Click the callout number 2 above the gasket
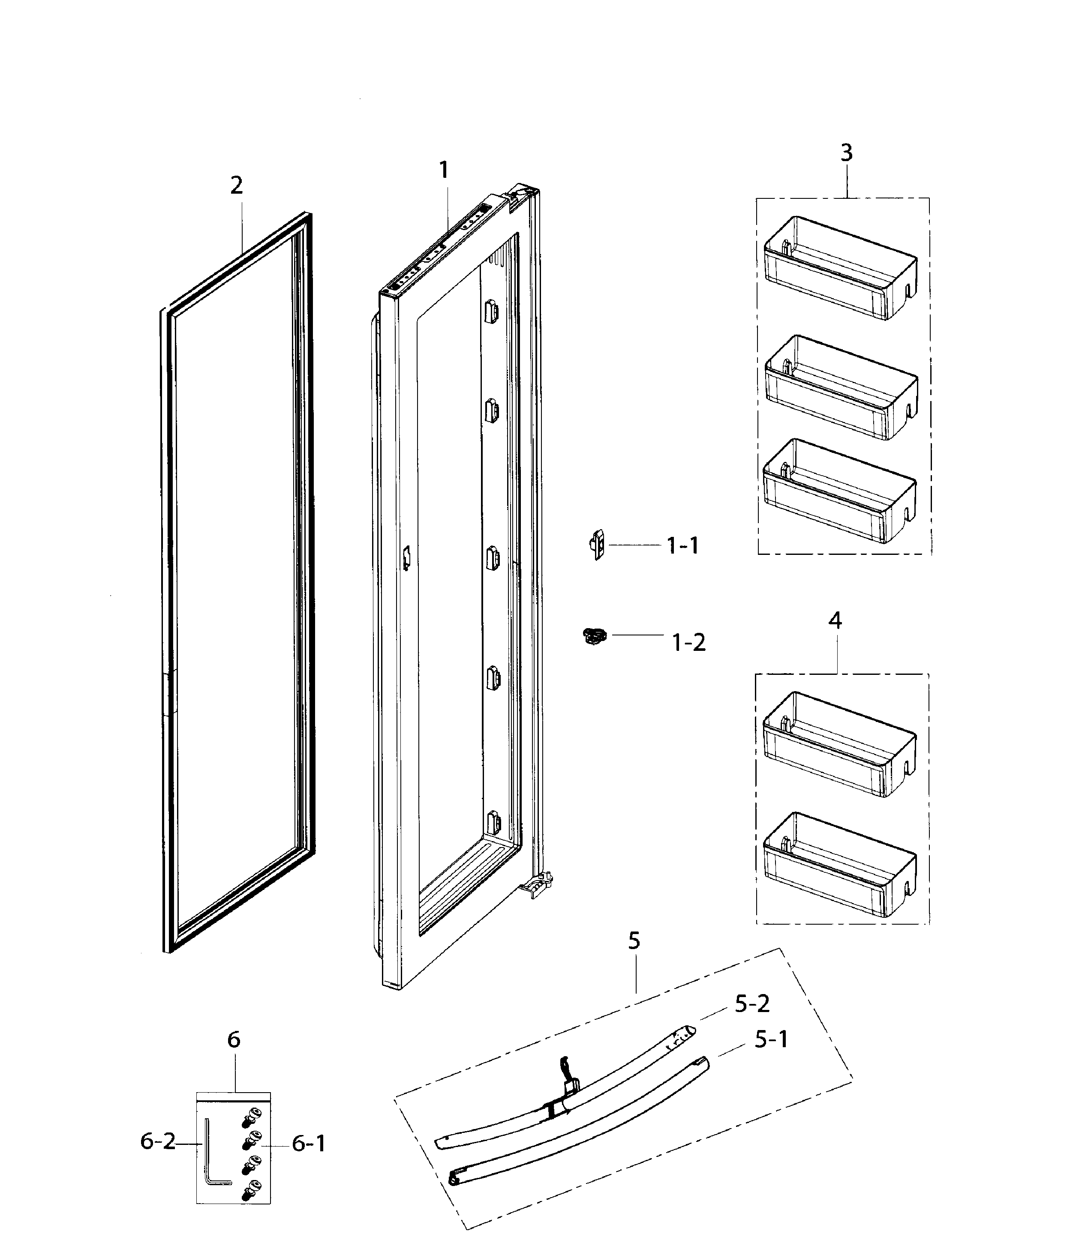pyautogui.click(x=236, y=185)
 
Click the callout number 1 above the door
pyautogui.click(x=444, y=170)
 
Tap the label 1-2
pyautogui.click(x=688, y=642)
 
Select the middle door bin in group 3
pyautogui.click(x=842, y=387)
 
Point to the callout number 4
pyautogui.click(x=836, y=620)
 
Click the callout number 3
pyautogui.click(x=846, y=153)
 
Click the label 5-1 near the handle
pyautogui.click(x=771, y=1039)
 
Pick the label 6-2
pyautogui.click(x=157, y=1141)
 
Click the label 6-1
pyautogui.click(x=308, y=1144)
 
